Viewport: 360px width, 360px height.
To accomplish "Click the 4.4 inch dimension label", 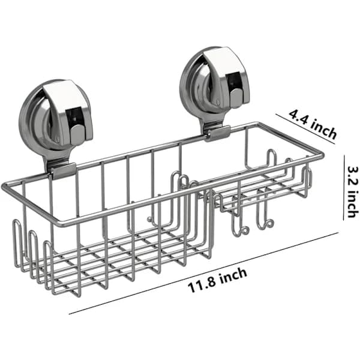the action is pos(313,124).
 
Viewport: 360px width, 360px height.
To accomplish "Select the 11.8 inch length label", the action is pos(217,281).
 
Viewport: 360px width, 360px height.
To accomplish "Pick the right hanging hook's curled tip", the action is pos(269,223).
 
